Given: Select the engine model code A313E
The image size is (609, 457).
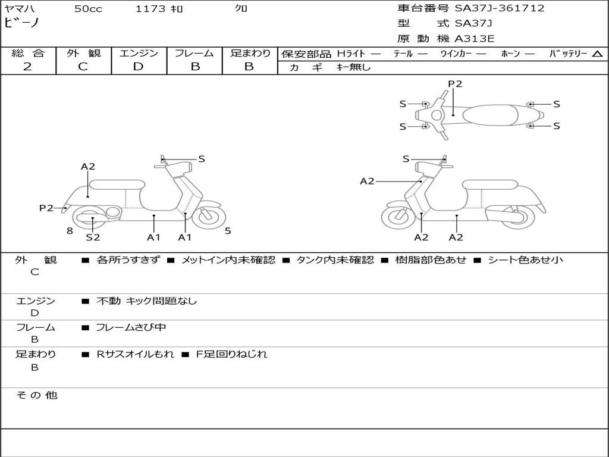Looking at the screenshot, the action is (x=475, y=39).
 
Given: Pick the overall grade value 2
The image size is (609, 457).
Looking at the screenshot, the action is (x=27, y=67).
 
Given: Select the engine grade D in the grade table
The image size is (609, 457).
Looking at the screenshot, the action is (x=138, y=67).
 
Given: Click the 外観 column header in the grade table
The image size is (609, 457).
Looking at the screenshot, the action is (x=83, y=54).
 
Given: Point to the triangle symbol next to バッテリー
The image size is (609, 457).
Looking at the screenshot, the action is (x=597, y=54).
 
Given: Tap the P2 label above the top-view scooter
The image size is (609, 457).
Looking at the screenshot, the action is (x=455, y=84).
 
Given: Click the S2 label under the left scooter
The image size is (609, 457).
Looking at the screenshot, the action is (x=93, y=237).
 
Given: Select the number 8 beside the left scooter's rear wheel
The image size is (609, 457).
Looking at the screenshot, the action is (x=70, y=231).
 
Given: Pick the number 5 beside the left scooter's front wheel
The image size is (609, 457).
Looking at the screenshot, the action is (x=228, y=231).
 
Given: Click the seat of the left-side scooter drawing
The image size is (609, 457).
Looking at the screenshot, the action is (x=117, y=184).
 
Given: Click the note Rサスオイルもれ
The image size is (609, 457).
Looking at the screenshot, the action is (x=136, y=354).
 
